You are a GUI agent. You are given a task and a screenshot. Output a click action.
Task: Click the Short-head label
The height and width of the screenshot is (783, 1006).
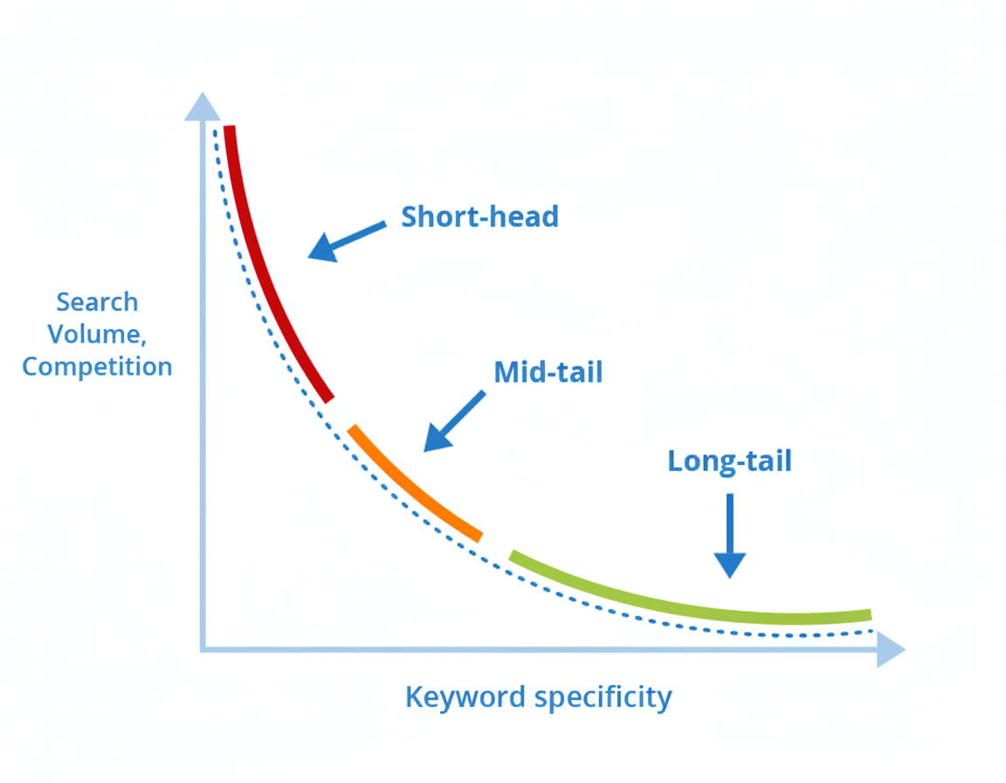[x=479, y=217]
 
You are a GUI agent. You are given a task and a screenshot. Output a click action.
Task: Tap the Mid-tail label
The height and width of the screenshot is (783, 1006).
[x=548, y=372]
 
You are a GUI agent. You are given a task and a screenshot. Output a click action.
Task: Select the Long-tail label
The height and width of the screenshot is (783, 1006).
[x=729, y=461]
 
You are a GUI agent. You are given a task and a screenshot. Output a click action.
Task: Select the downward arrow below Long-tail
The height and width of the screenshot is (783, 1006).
[x=729, y=537]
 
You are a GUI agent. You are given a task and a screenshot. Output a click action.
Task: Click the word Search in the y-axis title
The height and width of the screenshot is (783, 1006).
[x=97, y=302]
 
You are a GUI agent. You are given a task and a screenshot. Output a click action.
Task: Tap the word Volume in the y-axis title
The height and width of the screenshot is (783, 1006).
[x=92, y=334]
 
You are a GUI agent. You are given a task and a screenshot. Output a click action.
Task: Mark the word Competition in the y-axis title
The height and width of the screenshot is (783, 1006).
[x=97, y=366]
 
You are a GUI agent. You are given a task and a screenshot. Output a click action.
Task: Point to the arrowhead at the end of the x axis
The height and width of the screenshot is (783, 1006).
[x=891, y=649]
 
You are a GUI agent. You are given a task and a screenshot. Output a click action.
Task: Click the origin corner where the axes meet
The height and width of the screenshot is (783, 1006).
[x=203, y=648]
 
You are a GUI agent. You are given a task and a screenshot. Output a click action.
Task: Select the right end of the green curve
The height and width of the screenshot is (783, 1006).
[x=868, y=614]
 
